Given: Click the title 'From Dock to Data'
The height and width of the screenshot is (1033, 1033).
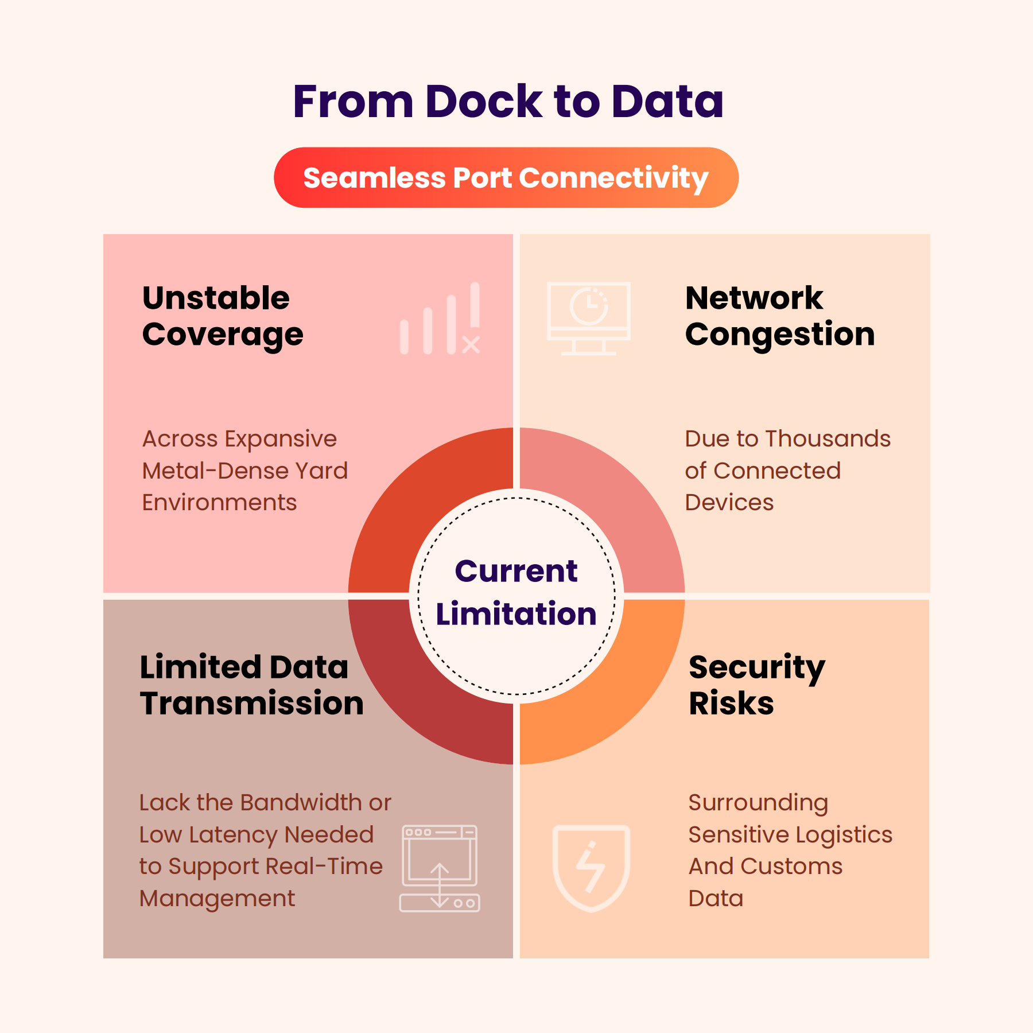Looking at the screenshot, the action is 508,101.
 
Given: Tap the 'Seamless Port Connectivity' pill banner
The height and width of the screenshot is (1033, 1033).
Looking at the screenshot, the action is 506,177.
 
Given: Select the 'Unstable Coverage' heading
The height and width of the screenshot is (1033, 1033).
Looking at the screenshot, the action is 223,316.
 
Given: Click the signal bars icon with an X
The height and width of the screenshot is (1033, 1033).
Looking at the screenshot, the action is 440,318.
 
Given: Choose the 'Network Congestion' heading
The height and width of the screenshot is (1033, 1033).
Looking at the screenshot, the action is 780,316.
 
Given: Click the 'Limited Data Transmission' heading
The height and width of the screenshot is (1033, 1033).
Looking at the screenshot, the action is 251,685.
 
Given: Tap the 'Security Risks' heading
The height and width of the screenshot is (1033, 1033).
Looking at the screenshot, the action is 757,685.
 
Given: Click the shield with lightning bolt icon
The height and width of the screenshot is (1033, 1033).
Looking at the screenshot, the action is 591,868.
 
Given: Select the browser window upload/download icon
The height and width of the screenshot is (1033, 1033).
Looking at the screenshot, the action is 440,868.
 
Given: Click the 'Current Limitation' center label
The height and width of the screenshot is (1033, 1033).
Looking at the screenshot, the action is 516,592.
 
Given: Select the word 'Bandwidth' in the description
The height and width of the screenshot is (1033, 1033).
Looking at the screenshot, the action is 302,802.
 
